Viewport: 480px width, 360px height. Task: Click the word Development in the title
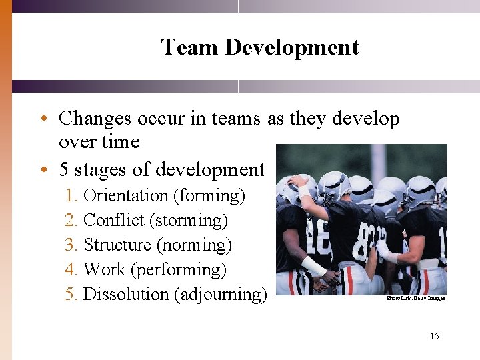point(292,47)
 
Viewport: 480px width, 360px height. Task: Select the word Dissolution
point(126,294)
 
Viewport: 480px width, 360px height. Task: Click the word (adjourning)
point(220,294)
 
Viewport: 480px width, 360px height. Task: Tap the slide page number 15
point(434,336)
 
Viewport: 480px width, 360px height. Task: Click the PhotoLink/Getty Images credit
point(415,298)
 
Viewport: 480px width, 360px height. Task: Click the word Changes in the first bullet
point(94,119)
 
